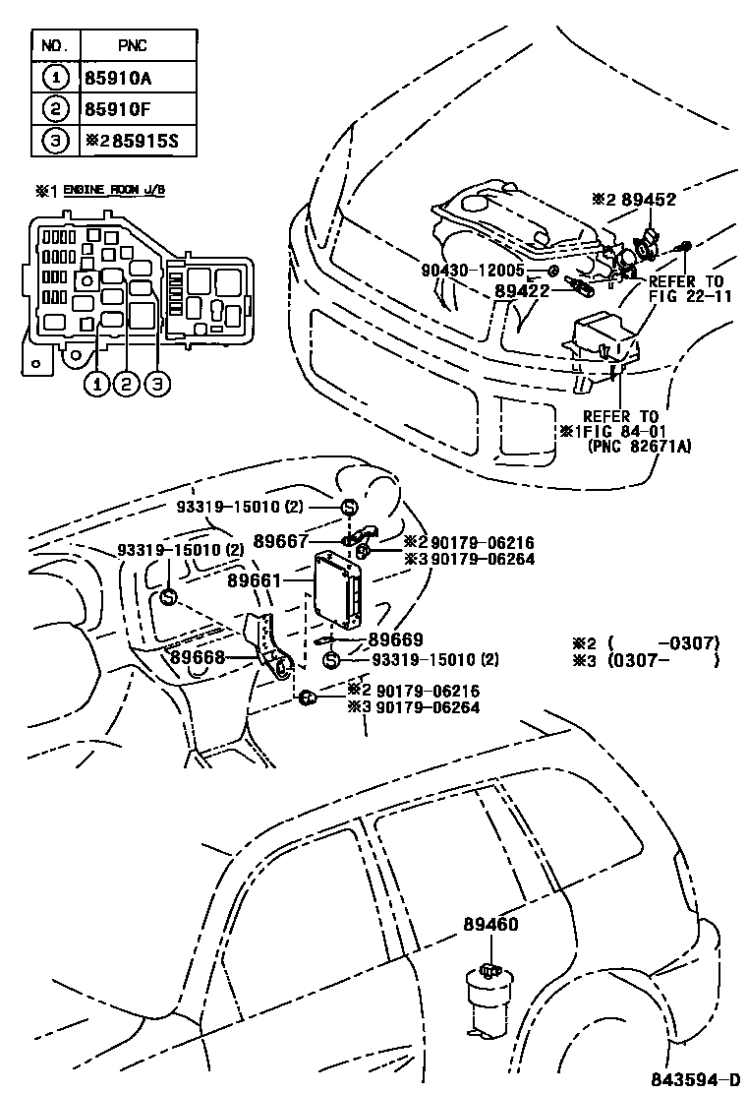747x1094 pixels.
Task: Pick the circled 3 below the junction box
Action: pos(156,385)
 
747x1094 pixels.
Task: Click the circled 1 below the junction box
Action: pos(96,385)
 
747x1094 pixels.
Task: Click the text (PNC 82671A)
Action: pos(640,446)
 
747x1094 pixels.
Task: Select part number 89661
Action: pos(255,581)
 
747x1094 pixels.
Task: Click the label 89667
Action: pos(281,540)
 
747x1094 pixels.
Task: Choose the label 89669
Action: pos(395,639)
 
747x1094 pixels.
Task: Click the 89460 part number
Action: pos(491,924)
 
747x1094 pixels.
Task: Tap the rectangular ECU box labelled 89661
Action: pos(336,589)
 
